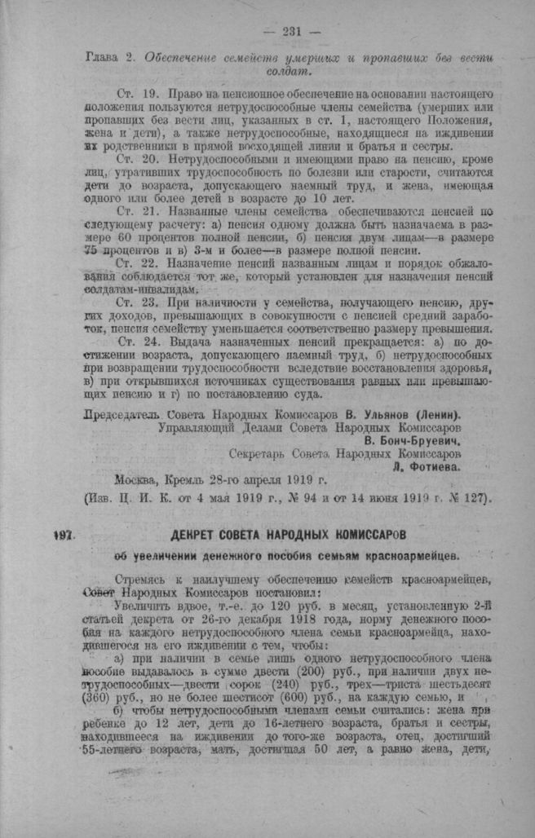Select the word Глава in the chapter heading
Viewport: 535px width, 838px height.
103,58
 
